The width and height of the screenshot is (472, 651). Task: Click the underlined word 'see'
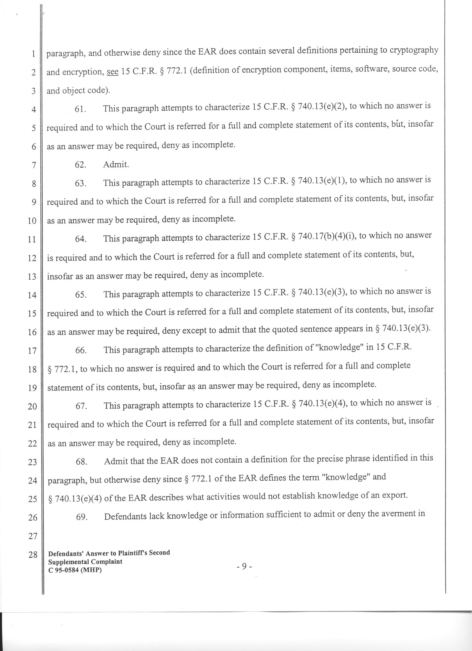(x=112, y=72)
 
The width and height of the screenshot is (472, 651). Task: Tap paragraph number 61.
(x=81, y=109)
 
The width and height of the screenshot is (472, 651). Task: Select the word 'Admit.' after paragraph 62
(x=116, y=164)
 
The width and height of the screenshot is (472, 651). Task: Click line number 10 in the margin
(x=32, y=221)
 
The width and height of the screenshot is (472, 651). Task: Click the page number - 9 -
(x=244, y=566)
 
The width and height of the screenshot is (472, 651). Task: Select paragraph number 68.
(x=82, y=461)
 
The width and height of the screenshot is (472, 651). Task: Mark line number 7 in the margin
(x=34, y=165)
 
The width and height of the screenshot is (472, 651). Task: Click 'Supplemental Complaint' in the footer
(x=85, y=562)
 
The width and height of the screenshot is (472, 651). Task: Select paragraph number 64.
(x=81, y=239)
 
